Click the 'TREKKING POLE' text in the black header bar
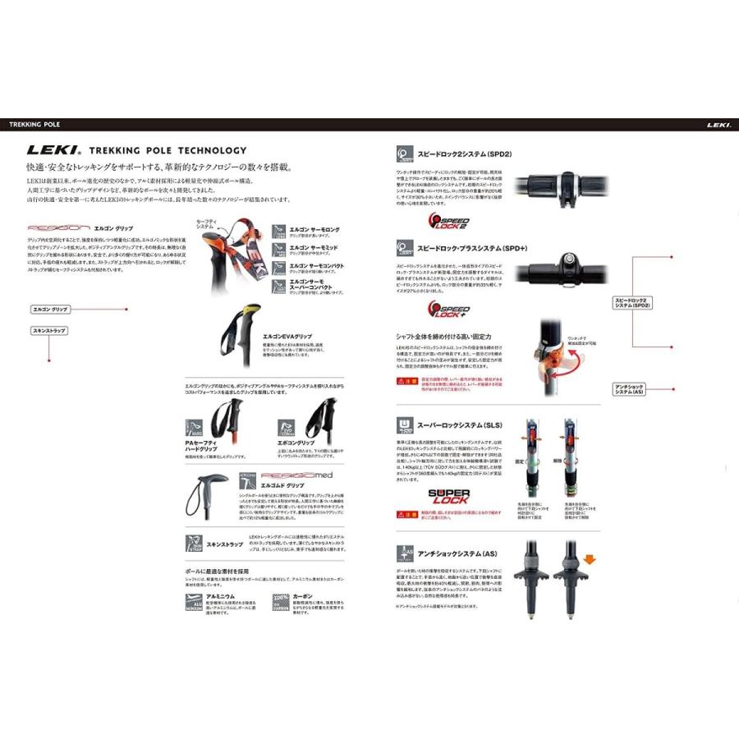coord(34,125)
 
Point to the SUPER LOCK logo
coord(448,496)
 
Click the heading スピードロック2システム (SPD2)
coord(465,153)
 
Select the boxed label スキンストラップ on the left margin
coord(48,330)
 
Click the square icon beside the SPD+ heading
coord(404,246)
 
